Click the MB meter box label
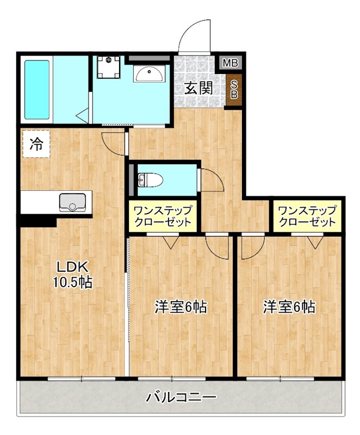[x=231, y=63]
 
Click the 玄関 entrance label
[x=198, y=88]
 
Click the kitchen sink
[x=71, y=202]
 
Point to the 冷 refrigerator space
[x=36, y=144]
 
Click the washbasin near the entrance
[x=147, y=74]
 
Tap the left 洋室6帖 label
[x=180, y=307]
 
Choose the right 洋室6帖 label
[x=289, y=307]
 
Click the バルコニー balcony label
[x=181, y=397]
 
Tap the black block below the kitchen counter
[x=38, y=221]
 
